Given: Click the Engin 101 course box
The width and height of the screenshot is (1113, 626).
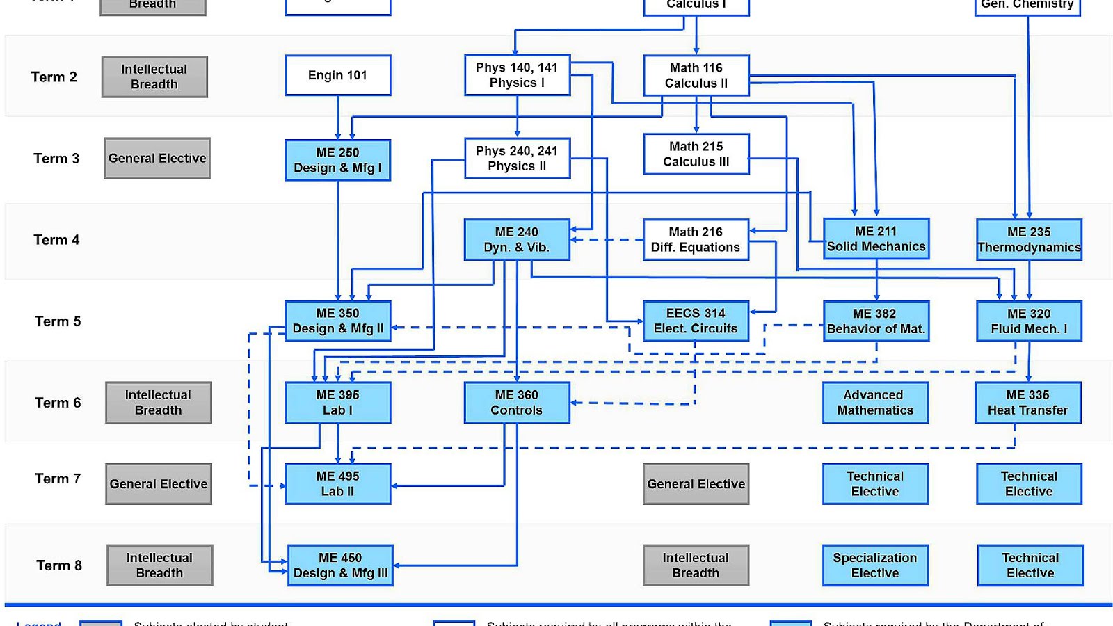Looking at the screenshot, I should pyautogui.click(x=337, y=75).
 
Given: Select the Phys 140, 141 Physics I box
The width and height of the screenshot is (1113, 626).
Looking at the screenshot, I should pyautogui.click(x=517, y=75).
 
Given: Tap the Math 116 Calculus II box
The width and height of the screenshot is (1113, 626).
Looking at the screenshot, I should pyautogui.click(x=696, y=75).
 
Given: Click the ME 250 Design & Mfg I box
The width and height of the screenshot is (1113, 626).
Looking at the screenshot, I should pyautogui.click(x=337, y=160).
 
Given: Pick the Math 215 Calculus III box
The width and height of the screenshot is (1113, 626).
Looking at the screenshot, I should pyautogui.click(x=696, y=154).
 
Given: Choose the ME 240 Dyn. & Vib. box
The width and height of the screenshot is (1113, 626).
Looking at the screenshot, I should pyautogui.click(x=517, y=239).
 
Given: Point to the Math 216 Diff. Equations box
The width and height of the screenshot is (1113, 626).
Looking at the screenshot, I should pyautogui.click(x=696, y=239).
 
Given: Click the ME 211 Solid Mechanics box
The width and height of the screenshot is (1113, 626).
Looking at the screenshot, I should pyautogui.click(x=876, y=239).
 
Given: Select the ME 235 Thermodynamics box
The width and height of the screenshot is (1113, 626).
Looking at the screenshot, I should pyautogui.click(x=1029, y=239).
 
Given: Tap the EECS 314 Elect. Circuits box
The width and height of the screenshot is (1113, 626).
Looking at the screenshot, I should pyautogui.click(x=696, y=321).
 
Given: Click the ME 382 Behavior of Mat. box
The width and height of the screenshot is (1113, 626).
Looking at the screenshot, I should pyautogui.click(x=876, y=321).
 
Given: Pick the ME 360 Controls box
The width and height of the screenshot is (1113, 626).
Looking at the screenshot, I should pyautogui.click(x=517, y=402).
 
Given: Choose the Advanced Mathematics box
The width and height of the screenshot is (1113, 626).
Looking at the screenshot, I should pyautogui.click(x=875, y=402).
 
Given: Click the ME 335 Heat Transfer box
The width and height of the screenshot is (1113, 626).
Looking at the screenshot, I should pyautogui.click(x=1028, y=402).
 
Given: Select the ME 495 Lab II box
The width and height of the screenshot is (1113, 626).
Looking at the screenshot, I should pyautogui.click(x=337, y=483).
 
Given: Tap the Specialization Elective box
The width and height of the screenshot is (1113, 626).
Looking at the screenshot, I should pyautogui.click(x=875, y=565).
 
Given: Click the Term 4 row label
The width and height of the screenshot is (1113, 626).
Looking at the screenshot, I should pyautogui.click(x=56, y=240).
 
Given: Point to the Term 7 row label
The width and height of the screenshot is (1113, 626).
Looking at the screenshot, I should pyautogui.click(x=58, y=479).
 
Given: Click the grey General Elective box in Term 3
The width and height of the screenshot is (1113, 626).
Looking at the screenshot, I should pyautogui.click(x=157, y=158).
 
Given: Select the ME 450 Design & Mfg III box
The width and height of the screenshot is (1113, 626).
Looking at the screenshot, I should pyautogui.click(x=340, y=565).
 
